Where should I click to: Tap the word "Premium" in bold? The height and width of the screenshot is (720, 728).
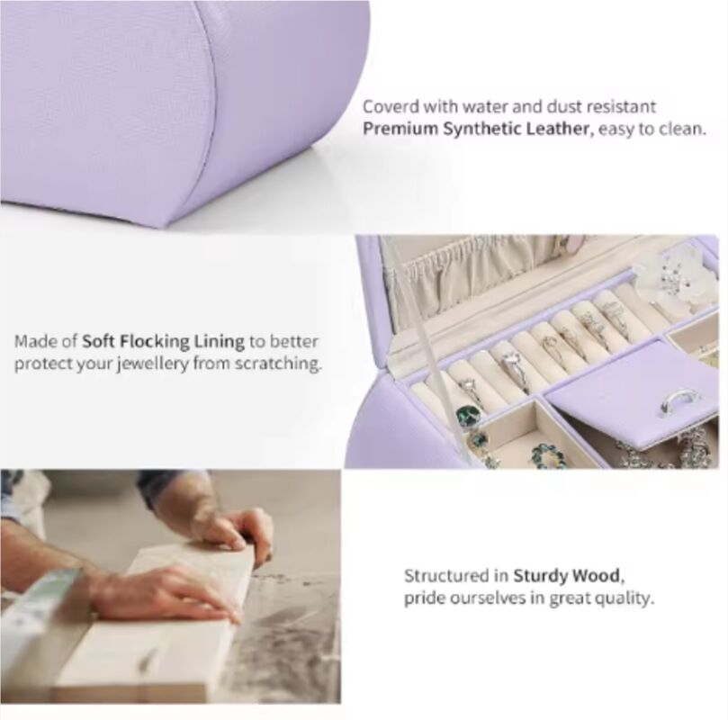coord(400,129)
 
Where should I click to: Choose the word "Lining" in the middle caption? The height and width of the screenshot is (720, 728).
coord(219,342)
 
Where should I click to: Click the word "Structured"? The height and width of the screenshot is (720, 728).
coord(446,576)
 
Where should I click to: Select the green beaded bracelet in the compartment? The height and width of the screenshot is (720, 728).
coord(550,454)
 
